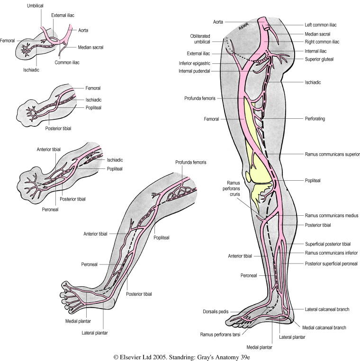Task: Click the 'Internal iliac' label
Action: tap(319, 50)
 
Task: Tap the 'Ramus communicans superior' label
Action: tap(332, 154)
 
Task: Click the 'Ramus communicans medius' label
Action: tap(330, 215)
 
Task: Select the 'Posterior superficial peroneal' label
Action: tap(331, 264)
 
